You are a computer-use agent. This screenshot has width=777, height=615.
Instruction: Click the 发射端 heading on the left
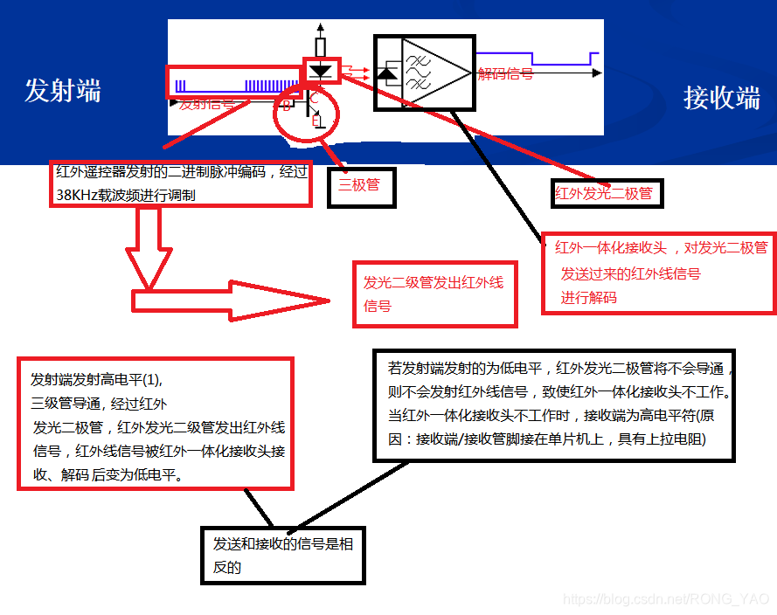point(62,90)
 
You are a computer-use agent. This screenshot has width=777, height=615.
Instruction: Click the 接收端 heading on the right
point(721,97)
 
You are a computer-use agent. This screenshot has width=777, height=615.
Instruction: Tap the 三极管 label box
point(359,186)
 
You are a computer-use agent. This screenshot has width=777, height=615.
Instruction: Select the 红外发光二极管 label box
point(604,193)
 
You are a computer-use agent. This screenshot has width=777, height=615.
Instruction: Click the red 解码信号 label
point(505,74)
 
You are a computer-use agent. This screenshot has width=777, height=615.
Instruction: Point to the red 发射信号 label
point(207,104)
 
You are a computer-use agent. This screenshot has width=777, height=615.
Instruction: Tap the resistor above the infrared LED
point(321,46)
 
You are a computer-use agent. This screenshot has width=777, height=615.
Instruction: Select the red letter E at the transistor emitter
point(316,121)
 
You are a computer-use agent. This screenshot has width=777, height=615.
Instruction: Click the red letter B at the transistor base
point(286,106)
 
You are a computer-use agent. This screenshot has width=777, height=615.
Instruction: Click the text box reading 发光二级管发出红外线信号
point(434,294)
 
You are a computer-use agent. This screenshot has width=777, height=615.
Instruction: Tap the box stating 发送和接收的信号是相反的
point(283,555)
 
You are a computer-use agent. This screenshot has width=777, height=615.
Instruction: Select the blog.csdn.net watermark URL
point(666,599)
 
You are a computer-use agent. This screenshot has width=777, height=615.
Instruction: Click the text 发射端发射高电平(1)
point(97,380)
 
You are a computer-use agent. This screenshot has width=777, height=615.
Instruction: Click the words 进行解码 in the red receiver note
point(588,297)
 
